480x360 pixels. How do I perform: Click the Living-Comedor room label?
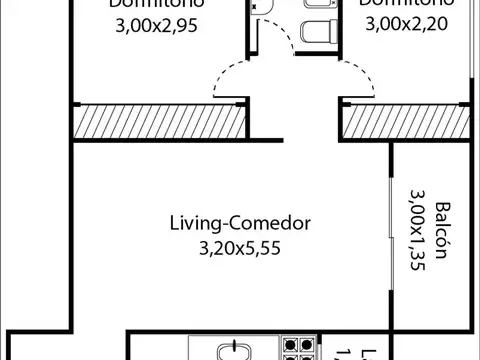(240, 223)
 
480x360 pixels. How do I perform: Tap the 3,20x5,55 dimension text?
(240, 247)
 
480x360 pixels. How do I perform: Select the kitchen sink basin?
(236, 351)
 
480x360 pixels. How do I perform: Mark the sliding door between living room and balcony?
(390, 230)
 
